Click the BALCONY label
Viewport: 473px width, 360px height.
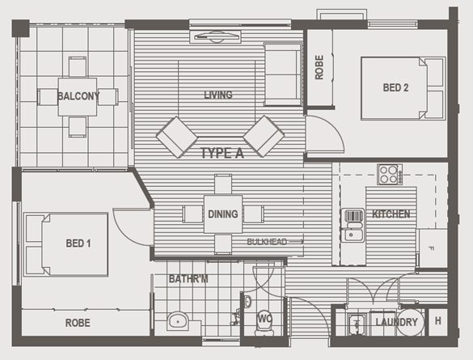click(78, 96)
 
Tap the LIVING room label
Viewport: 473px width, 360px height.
click(218, 95)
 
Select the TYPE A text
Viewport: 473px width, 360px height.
click(222, 153)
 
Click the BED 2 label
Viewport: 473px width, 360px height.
click(395, 88)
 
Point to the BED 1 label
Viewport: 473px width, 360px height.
click(78, 244)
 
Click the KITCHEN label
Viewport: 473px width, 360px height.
click(391, 214)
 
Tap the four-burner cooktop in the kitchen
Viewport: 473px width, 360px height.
click(390, 175)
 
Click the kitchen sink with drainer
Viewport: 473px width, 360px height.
click(353, 225)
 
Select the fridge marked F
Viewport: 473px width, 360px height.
click(433, 248)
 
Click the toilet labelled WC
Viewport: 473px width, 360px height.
click(264, 322)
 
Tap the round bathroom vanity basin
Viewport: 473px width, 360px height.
click(178, 321)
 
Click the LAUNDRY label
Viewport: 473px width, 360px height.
click(396, 322)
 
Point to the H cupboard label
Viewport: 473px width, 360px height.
click(438, 321)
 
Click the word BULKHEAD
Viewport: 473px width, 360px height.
click(267, 242)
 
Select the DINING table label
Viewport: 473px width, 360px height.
click(223, 214)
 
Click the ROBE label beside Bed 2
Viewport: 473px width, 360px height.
click(319, 67)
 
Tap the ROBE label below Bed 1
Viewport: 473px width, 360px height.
click(78, 323)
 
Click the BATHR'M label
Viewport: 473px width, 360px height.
click(188, 279)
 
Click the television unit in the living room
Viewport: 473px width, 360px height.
click(215, 36)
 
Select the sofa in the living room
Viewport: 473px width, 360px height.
click(283, 74)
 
